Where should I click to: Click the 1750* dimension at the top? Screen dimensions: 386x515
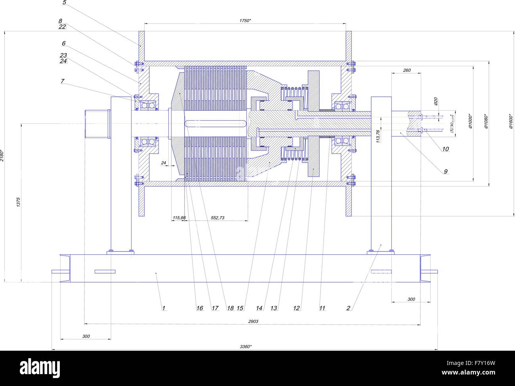click(x=245, y=20)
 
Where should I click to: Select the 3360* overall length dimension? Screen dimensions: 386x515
click(x=246, y=346)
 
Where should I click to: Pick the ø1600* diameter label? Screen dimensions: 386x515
click(x=511, y=122)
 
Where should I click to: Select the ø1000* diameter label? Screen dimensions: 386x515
click(x=470, y=122)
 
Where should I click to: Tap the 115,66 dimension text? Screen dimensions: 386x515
click(x=179, y=218)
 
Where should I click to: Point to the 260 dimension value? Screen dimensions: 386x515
click(x=406, y=70)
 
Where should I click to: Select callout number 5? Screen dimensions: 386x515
click(x=65, y=3)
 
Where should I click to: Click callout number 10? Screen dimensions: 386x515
click(x=445, y=149)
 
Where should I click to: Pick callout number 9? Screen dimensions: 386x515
click(x=445, y=171)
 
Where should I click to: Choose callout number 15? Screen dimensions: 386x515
click(x=240, y=308)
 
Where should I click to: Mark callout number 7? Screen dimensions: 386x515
click(x=63, y=81)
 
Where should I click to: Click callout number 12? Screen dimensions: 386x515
click(x=297, y=308)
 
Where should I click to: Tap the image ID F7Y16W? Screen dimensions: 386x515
click(x=482, y=362)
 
